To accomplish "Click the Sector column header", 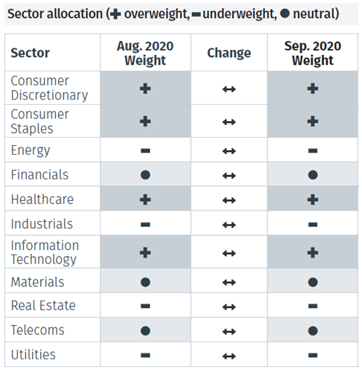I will click(x=31, y=54).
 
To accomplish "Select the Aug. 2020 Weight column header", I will click(x=145, y=53).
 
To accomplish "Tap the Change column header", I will click(x=229, y=54).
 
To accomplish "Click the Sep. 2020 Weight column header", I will click(x=312, y=53).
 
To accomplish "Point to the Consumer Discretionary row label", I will click(x=49, y=88).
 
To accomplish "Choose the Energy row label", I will click(x=31, y=150).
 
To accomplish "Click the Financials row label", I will click(x=39, y=175).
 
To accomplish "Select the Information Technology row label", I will click(x=44, y=252).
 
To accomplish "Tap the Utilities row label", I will click(x=34, y=355).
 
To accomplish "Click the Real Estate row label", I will click(x=43, y=306).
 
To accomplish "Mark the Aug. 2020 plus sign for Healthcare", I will click(x=145, y=199).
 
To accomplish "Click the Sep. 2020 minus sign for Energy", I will click(x=313, y=150).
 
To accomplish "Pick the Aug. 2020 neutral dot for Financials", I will click(x=145, y=175).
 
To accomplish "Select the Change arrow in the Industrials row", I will click(x=229, y=224).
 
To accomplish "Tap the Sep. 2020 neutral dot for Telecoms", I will click(x=313, y=330).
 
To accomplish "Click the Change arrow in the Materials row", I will click(x=229, y=283).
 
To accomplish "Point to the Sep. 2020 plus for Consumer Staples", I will click(x=313, y=121).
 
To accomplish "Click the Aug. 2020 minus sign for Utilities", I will click(x=145, y=355).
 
